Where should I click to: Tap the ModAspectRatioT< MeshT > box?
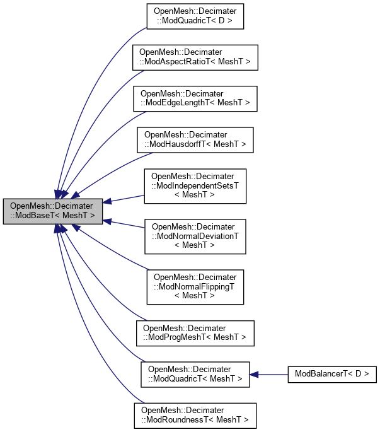pyautogui.click(x=195, y=57)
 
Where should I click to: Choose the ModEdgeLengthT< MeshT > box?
pyautogui.click(x=195, y=97)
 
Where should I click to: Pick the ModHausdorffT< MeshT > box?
pyautogui.click(x=195, y=139)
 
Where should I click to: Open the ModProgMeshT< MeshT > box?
pyautogui.click(x=195, y=333)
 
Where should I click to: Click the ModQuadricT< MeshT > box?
pyautogui.click(x=195, y=373)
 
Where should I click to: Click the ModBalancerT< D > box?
pyautogui.click(x=331, y=374)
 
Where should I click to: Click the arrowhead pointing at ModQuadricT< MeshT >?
pyautogui.click(x=255, y=374)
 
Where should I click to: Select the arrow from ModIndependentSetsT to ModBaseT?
pyautogui.click(x=126, y=198)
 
